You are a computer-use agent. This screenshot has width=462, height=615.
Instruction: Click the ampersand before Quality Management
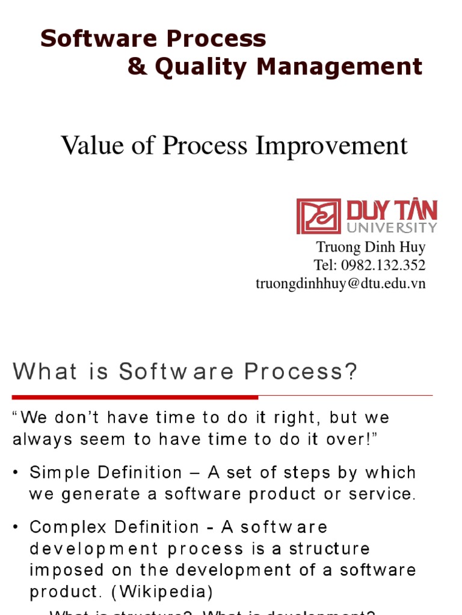pos(137,67)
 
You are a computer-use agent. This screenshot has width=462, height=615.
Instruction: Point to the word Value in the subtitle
pos(93,145)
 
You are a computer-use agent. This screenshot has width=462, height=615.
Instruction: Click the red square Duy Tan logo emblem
pos(318,216)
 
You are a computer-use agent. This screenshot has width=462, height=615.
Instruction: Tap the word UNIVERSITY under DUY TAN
pos(392,228)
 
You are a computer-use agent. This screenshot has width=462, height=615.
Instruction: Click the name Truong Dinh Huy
pos(371,247)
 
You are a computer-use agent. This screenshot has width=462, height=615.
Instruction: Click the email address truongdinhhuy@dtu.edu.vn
pos(340,283)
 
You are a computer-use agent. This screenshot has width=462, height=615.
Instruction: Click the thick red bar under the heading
pos(135,397)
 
